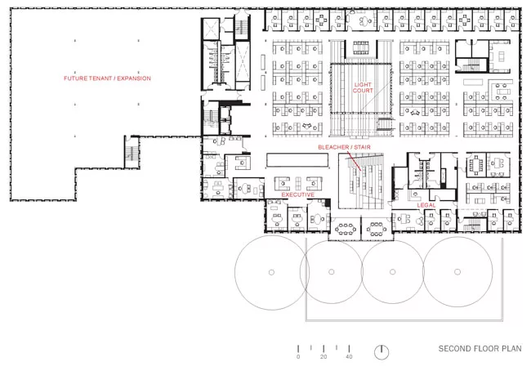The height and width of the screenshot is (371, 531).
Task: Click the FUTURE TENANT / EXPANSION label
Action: pos(107,78)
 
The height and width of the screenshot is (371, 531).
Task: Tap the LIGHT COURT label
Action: pos(363,87)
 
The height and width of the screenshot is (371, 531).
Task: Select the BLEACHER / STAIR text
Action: pos(344,147)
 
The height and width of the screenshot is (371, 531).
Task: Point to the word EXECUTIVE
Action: pos(298,194)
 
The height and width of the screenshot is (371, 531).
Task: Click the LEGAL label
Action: pos(426,205)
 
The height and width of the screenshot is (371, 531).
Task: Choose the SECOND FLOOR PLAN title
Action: pos(480,349)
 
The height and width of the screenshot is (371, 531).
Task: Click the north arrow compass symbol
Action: pos(382,352)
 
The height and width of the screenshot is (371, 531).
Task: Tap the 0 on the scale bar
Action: pos(298,357)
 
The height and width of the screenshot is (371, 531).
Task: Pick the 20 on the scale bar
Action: pos(324,357)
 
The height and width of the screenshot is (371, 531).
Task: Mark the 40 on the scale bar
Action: pos(349,357)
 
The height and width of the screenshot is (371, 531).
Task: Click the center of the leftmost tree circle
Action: pos(271,272)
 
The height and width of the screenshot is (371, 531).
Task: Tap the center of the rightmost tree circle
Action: pos(457,272)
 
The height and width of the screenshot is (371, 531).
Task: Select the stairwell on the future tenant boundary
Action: pos(132,152)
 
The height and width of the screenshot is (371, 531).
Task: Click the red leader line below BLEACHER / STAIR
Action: pos(353,161)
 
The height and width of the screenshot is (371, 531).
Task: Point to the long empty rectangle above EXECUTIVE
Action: pos(297,160)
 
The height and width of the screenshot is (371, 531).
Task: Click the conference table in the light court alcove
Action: pos(360,47)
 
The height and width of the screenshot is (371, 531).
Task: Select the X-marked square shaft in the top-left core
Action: pos(210,29)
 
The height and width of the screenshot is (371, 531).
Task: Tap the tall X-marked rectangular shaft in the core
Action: pos(243,61)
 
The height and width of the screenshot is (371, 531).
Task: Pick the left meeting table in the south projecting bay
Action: pos(346,229)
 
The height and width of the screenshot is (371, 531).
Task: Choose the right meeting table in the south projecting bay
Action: pos(377,229)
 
